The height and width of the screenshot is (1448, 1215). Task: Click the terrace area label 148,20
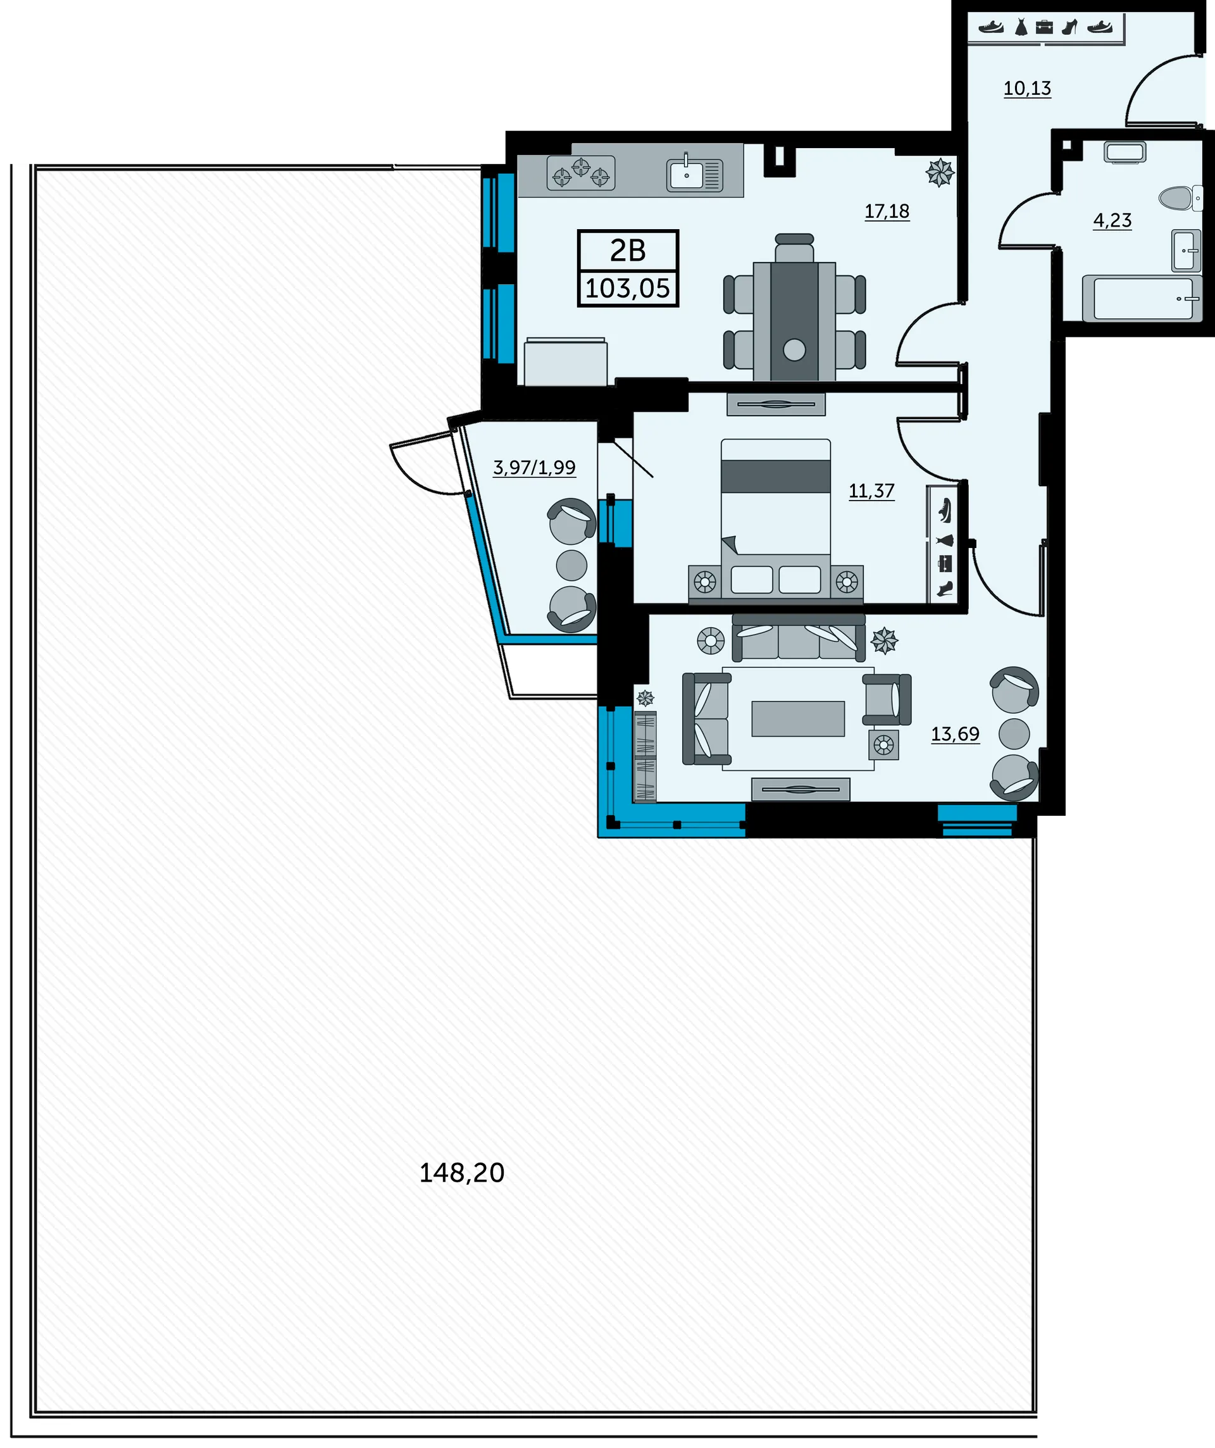462,1173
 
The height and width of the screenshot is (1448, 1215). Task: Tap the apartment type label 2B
628,250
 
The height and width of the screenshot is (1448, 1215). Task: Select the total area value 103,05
628,288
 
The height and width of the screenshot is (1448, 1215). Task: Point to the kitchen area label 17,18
887,211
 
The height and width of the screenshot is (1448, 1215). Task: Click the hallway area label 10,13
1027,88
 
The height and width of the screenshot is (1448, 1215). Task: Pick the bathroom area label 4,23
1112,220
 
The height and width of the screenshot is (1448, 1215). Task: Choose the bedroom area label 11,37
871,491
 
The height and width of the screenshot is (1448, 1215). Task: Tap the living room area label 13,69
955,733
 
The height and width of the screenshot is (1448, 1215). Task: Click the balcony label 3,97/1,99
534,468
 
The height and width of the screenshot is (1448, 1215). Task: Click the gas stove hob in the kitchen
581,172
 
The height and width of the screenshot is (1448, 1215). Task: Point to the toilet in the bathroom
1180,199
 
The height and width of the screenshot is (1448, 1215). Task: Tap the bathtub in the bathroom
1142,298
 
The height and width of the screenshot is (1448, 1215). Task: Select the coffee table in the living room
798,718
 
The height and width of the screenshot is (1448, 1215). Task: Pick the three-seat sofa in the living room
799,637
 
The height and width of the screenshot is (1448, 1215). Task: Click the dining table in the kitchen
794,321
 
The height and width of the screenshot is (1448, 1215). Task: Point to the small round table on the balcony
571,565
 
